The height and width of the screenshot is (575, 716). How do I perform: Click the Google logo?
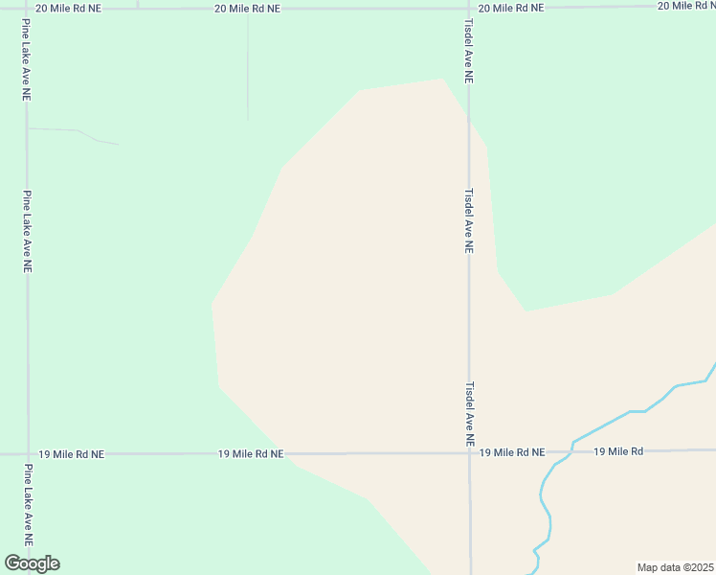point(32,563)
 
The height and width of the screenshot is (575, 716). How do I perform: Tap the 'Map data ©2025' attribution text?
point(675,567)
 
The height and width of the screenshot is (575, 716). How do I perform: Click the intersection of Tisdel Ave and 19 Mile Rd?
point(469,452)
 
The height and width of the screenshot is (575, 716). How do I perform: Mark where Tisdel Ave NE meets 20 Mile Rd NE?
point(468,8)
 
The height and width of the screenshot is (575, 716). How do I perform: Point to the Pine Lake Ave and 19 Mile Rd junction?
point(27,453)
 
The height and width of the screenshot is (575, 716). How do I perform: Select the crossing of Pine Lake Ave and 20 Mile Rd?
point(27,8)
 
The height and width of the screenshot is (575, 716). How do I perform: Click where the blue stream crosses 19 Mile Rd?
point(572,448)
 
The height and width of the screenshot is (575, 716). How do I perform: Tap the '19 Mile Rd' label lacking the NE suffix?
point(617,451)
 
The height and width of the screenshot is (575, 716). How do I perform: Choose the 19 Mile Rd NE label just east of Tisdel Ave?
point(512,452)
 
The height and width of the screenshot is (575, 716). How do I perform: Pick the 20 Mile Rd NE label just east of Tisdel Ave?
point(510,8)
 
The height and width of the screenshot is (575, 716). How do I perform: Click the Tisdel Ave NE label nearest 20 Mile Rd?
point(469,51)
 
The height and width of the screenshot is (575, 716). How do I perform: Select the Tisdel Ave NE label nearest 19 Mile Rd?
point(469,415)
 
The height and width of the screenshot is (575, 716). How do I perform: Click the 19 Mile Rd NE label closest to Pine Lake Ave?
point(71,454)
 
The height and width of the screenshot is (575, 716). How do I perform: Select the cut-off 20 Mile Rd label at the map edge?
point(686,6)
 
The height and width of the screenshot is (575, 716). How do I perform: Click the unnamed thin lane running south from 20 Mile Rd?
point(248,67)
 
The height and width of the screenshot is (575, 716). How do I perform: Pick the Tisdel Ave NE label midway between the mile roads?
point(469,219)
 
